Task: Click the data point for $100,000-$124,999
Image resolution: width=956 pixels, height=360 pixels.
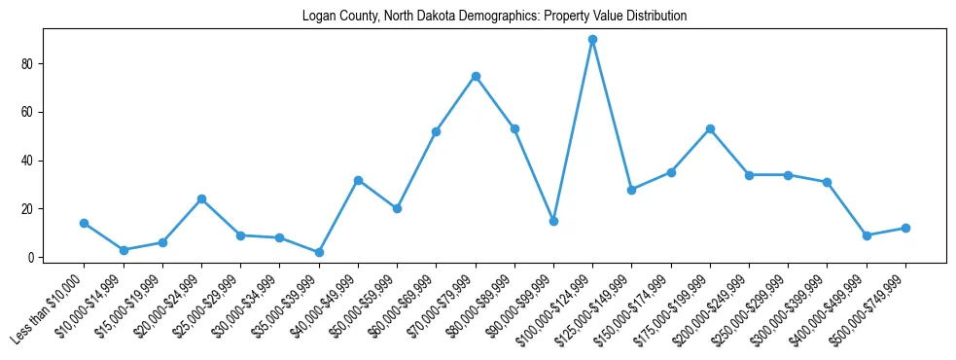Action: [592, 40]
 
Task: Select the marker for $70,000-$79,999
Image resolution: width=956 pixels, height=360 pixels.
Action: [476, 76]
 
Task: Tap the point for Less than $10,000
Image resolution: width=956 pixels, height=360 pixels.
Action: [85, 223]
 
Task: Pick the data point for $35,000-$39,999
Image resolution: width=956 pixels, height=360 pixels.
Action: [319, 252]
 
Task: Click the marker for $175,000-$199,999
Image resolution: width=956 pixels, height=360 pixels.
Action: [710, 128]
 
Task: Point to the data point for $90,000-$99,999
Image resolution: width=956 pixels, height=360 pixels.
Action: [553, 221]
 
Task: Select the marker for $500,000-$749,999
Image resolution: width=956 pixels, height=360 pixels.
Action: [905, 228]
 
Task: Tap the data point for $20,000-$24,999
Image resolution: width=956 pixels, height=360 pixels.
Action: [201, 198]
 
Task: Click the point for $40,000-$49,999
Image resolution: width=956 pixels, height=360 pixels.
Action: [358, 180]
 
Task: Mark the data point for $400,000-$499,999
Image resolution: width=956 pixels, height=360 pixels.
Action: [867, 235]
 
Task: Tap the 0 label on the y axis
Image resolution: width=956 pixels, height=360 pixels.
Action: [31, 257]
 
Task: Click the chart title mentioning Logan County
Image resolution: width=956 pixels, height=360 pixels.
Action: [480, 17]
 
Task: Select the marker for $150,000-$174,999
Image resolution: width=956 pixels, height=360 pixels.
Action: [671, 172]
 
